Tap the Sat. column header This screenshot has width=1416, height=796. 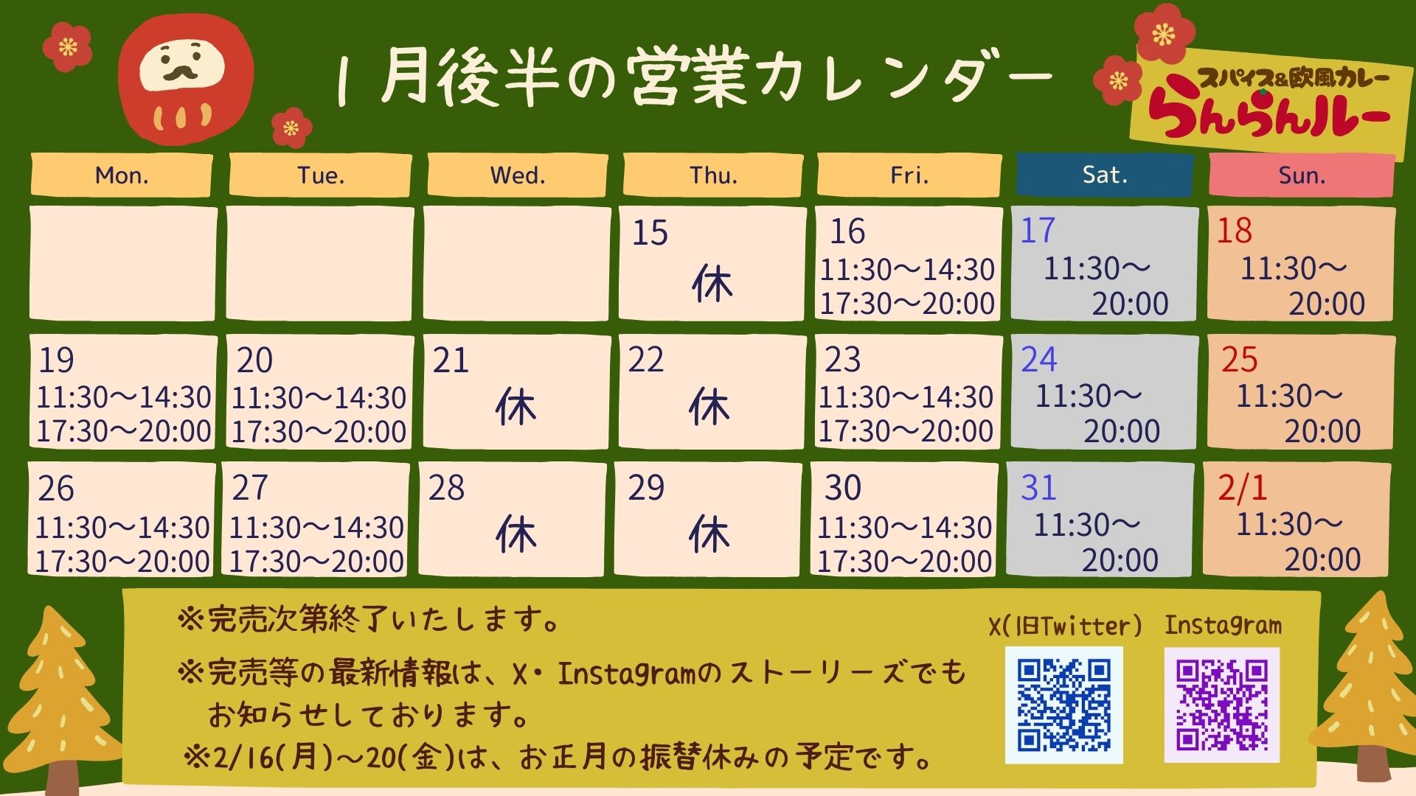[1104, 175]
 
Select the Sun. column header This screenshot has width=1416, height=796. [1302, 175]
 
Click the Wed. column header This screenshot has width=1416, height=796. [518, 175]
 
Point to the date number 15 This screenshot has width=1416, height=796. [650, 233]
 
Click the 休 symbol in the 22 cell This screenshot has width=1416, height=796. [709, 407]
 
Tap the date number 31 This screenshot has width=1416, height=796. [1038, 488]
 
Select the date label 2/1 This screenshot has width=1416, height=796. [1242, 488]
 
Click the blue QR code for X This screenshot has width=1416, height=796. [1063, 705]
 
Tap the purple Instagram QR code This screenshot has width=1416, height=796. [1222, 705]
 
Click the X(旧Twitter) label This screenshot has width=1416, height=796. [1065, 626]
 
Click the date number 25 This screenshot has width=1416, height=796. [1239, 360]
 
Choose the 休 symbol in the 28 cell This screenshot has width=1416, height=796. [516, 534]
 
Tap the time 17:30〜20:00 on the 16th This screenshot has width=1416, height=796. [908, 304]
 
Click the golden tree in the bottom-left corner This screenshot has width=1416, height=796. [62, 700]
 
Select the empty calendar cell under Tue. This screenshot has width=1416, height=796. [320, 264]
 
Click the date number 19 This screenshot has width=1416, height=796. [56, 360]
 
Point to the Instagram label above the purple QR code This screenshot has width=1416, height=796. [1223, 626]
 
